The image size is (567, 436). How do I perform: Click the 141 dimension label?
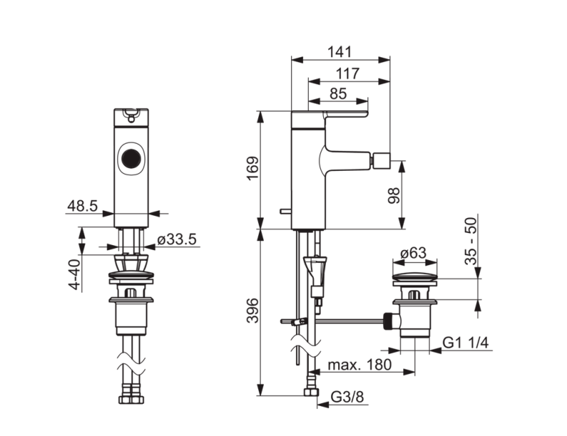click(x=339, y=52)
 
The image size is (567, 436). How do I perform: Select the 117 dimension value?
click(x=347, y=74)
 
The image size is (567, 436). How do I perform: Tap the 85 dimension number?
click(x=338, y=94)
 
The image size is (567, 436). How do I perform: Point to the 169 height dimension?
click(x=253, y=168)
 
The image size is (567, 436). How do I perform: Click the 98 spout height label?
click(x=394, y=196)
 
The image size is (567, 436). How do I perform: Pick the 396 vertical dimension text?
click(x=253, y=310)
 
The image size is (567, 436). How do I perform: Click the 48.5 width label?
click(x=82, y=206)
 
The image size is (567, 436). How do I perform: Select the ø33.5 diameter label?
click(x=177, y=239)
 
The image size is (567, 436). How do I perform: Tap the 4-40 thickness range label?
click(x=74, y=274)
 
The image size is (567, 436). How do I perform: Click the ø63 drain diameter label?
click(x=414, y=253)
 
